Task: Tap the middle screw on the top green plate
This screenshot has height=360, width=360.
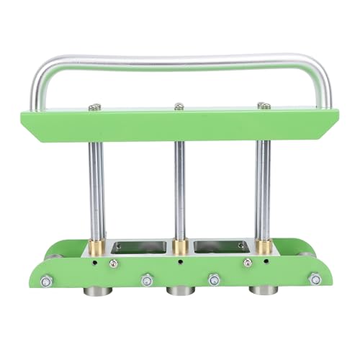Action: (179, 107)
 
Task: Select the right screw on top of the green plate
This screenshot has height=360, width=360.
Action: (263, 106)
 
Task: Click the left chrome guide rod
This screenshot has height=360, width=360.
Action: (96, 187)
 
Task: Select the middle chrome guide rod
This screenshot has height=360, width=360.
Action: (180, 187)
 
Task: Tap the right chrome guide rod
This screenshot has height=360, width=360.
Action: (264, 187)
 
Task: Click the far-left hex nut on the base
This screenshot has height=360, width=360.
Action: (47, 281)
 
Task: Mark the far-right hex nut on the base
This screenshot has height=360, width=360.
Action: (315, 279)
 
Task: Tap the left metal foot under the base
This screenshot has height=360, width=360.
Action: (96, 292)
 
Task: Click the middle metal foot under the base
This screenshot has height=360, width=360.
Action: (181, 292)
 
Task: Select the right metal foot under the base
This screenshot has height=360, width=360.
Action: (264, 292)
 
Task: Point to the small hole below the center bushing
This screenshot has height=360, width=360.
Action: (181, 263)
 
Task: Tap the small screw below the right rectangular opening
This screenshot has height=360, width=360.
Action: (247, 264)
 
